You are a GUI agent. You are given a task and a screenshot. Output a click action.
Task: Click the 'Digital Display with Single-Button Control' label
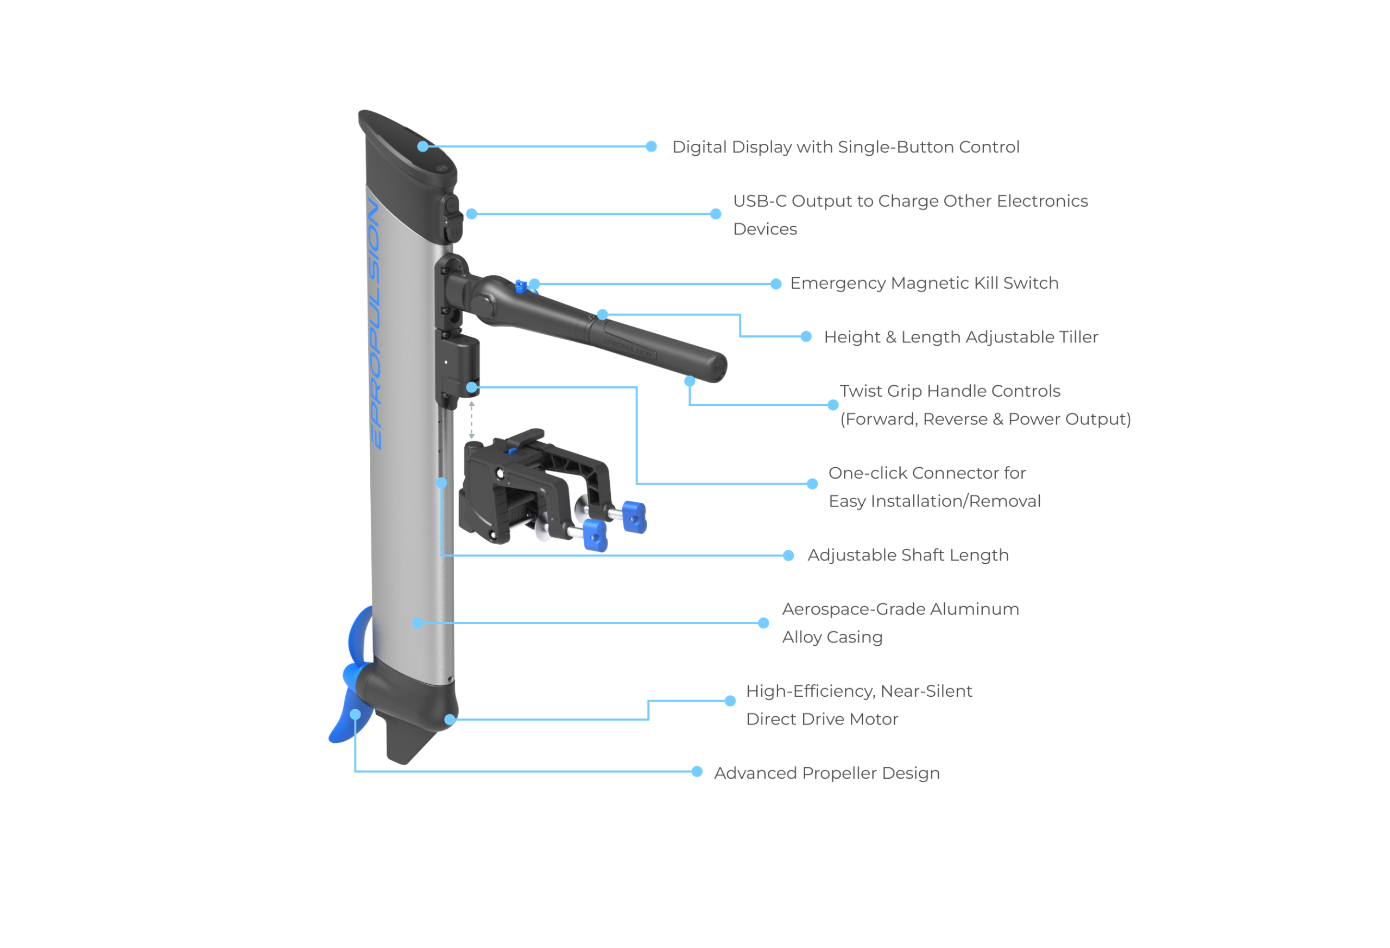pyautogui.click(x=844, y=147)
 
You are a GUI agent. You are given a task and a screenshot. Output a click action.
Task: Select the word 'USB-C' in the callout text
pyautogui.click(x=759, y=201)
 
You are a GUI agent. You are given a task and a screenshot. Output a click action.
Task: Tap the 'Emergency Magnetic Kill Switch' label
pyautogui.click(x=924, y=283)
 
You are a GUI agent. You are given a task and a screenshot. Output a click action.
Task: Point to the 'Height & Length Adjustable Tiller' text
pyautogui.click(x=960, y=337)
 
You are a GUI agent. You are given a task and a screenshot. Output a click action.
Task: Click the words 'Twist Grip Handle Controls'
pyautogui.click(x=949, y=391)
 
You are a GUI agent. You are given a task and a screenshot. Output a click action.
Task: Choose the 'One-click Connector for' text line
pyautogui.click(x=926, y=473)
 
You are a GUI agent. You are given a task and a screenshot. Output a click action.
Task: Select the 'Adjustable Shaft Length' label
pyautogui.click(x=907, y=555)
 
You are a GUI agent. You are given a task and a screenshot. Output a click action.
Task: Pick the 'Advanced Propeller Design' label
pyautogui.click(x=826, y=773)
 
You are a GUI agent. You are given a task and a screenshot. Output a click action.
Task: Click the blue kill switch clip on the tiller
pyautogui.click(x=520, y=287)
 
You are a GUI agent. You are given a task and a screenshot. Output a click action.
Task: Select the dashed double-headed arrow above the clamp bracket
pyautogui.click(x=471, y=420)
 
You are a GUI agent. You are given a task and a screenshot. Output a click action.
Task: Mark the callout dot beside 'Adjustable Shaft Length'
pyautogui.click(x=788, y=556)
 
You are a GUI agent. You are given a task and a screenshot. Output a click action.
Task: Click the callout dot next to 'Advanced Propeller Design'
pyautogui.click(x=697, y=772)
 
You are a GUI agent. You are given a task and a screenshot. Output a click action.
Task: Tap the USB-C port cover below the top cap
pyautogui.click(x=452, y=218)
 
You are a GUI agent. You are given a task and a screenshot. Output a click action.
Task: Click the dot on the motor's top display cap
pyautogui.click(x=423, y=147)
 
